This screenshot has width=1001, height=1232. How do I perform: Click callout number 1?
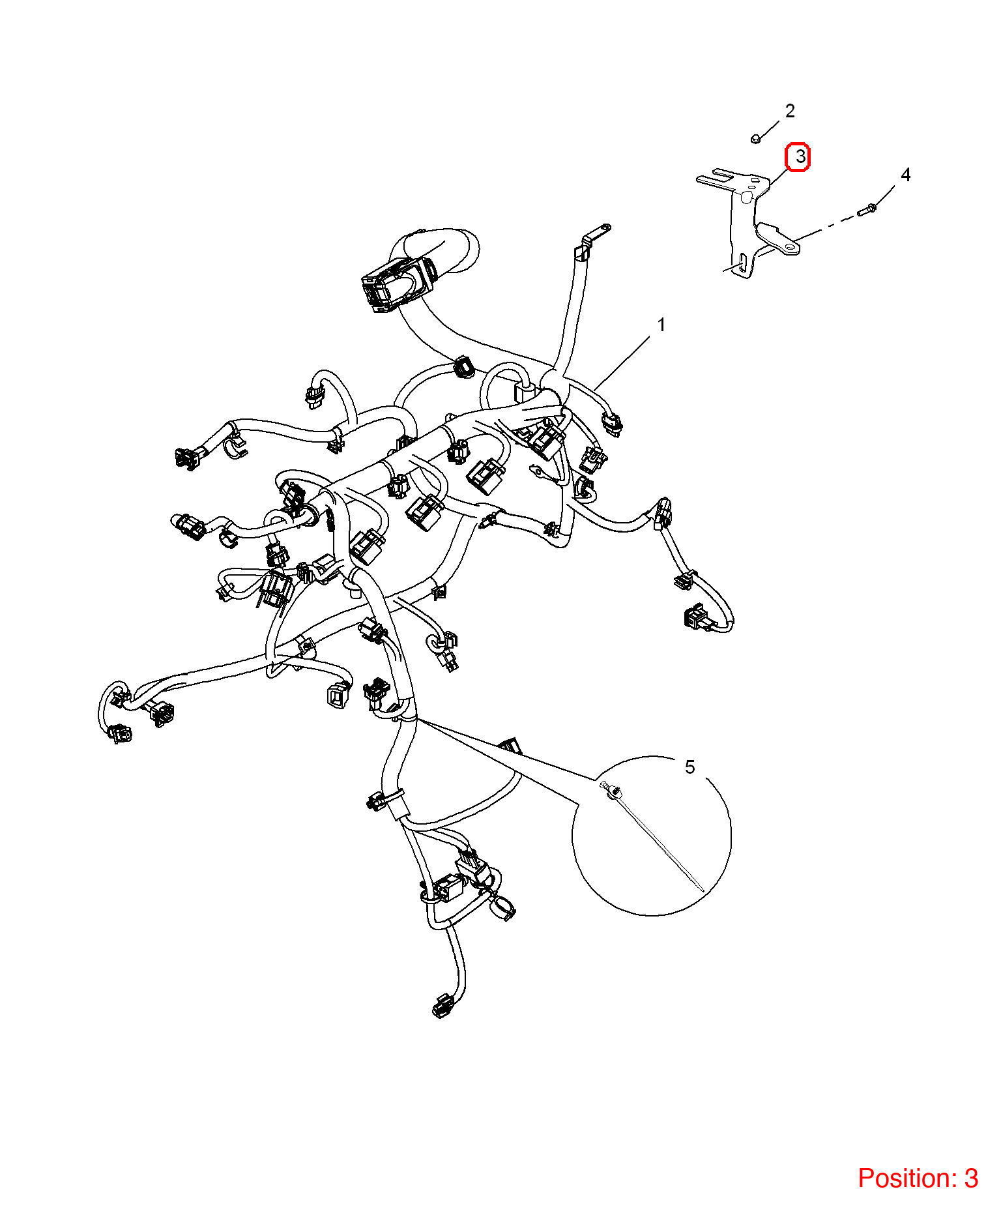tap(661, 325)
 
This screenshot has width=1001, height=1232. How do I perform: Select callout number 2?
tap(790, 111)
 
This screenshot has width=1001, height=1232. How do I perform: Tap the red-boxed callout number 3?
tap(798, 157)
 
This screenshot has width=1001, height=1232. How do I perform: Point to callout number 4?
tap(905, 175)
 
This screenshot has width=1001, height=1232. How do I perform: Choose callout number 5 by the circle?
tap(690, 767)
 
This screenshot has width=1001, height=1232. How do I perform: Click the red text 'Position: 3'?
tap(918, 1179)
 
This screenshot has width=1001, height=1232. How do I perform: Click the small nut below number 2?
tap(756, 139)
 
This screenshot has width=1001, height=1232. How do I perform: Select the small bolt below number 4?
tap(867, 209)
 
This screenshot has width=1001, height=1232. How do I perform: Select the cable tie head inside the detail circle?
tap(611, 791)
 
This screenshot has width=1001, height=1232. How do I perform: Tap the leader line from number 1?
tap(622, 363)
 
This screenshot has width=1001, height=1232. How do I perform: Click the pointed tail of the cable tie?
tap(703, 890)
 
